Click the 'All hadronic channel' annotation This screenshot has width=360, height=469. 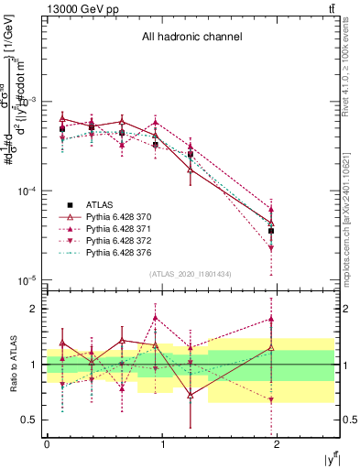pyautogui.click(x=191, y=38)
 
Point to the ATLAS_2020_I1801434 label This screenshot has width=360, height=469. pyautogui.click(x=191, y=274)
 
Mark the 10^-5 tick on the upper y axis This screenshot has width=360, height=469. pyautogui.click(x=28, y=279)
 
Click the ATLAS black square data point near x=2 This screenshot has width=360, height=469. pyautogui.click(x=271, y=231)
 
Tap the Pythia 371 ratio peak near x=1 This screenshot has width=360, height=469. pyautogui.click(x=156, y=318)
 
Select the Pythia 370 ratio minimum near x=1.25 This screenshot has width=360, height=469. pyautogui.click(x=190, y=395)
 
